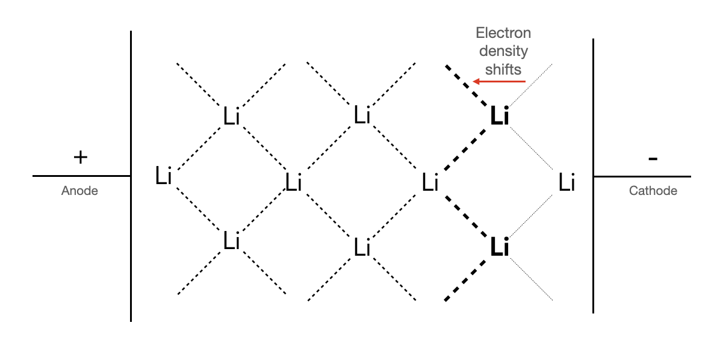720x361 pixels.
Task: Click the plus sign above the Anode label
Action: click(x=80, y=158)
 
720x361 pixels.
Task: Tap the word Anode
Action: click(x=79, y=191)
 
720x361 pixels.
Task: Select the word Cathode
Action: click(x=653, y=191)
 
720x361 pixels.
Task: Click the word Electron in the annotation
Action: click(x=503, y=32)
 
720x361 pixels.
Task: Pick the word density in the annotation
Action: click(x=503, y=51)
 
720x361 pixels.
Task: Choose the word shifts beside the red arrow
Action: click(x=503, y=69)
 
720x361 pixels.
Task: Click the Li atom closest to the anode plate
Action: click(x=163, y=176)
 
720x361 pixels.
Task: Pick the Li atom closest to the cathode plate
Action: click(x=566, y=182)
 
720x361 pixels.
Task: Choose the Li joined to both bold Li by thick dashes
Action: click(x=429, y=182)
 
